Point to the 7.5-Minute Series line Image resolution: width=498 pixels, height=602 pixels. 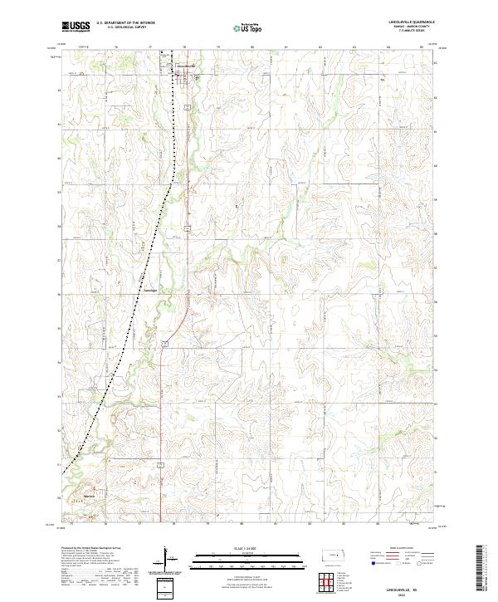tap(409, 32)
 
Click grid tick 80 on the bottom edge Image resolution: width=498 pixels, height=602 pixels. tap(242, 524)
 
